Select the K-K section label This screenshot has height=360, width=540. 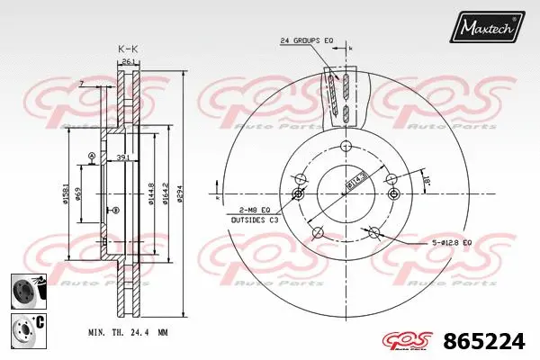coord(128,48)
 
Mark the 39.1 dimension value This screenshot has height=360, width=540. coord(122,158)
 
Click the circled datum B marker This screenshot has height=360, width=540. coord(113,211)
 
